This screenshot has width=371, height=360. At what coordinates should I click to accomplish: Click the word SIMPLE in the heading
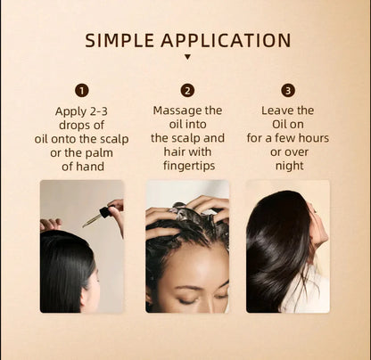(x=120, y=41)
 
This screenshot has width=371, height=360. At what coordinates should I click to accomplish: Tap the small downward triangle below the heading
(x=187, y=58)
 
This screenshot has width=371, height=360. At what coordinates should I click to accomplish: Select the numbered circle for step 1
(x=82, y=90)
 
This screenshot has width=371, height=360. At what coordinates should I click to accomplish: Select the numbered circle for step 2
(x=187, y=90)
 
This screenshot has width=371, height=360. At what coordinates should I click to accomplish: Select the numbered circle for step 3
(x=288, y=90)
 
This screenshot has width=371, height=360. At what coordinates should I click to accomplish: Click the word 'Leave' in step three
(x=274, y=110)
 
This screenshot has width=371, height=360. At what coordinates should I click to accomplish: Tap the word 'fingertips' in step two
(x=188, y=165)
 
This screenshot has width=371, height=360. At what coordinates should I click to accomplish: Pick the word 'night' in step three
(x=288, y=165)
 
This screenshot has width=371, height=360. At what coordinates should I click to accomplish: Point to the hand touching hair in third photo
(x=317, y=223)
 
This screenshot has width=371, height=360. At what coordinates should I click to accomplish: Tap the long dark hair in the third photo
(x=276, y=258)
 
